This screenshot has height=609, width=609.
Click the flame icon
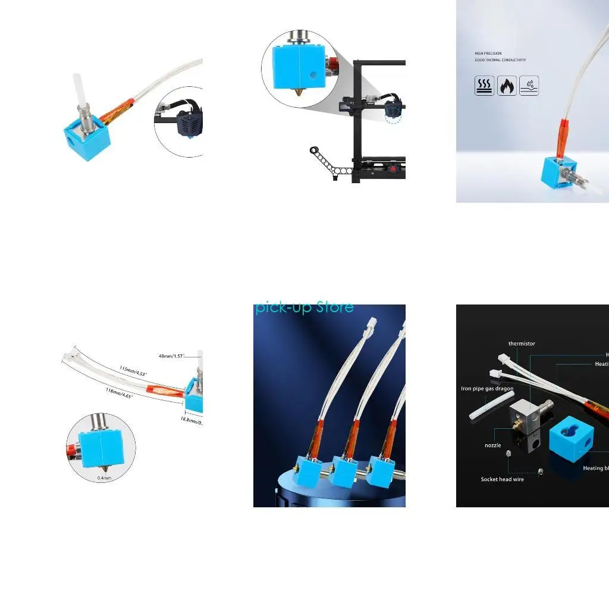pos(507,86)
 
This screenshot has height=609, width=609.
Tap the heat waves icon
pos(484,86)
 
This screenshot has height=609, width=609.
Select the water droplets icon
pos(529,86)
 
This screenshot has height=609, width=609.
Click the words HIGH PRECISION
pos(488,54)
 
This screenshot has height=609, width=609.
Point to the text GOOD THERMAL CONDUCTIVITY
pos(500,60)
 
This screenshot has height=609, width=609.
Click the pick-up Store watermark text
pos(304,307)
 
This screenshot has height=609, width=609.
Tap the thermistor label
pos(522,344)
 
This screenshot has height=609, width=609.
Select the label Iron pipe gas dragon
pos(487,389)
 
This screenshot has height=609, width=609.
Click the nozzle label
pos(492,445)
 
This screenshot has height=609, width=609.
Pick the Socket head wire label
pos(503,479)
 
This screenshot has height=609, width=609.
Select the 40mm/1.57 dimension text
pos(173,356)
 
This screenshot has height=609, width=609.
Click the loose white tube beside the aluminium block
pos(486,409)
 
